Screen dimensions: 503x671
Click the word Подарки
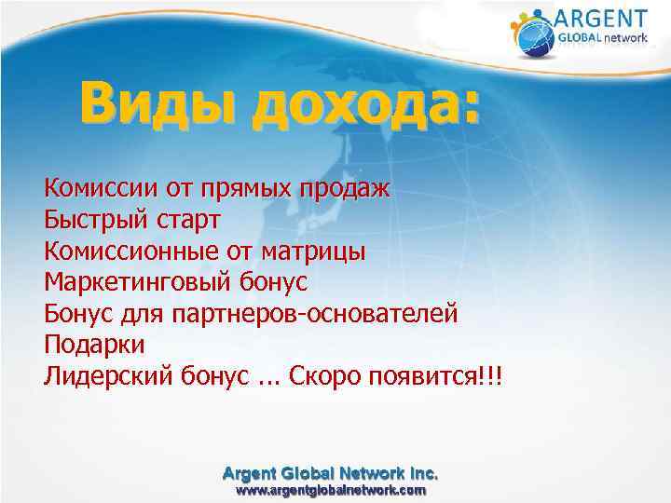[x=94, y=344]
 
